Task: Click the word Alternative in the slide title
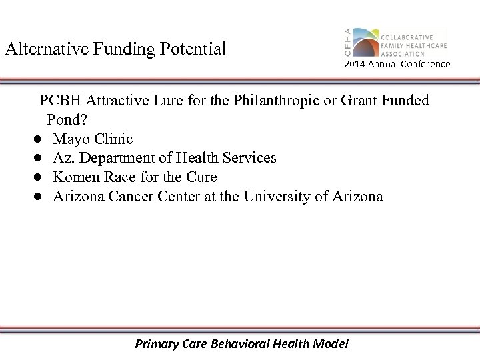[x=39, y=49]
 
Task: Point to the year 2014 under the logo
[x=354, y=64]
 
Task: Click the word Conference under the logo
[x=425, y=64]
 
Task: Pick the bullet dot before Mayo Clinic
[x=40, y=139]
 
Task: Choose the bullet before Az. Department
[x=40, y=159]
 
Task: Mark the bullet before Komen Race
[x=40, y=178]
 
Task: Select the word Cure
[x=202, y=177]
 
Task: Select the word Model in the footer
[x=331, y=344]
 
